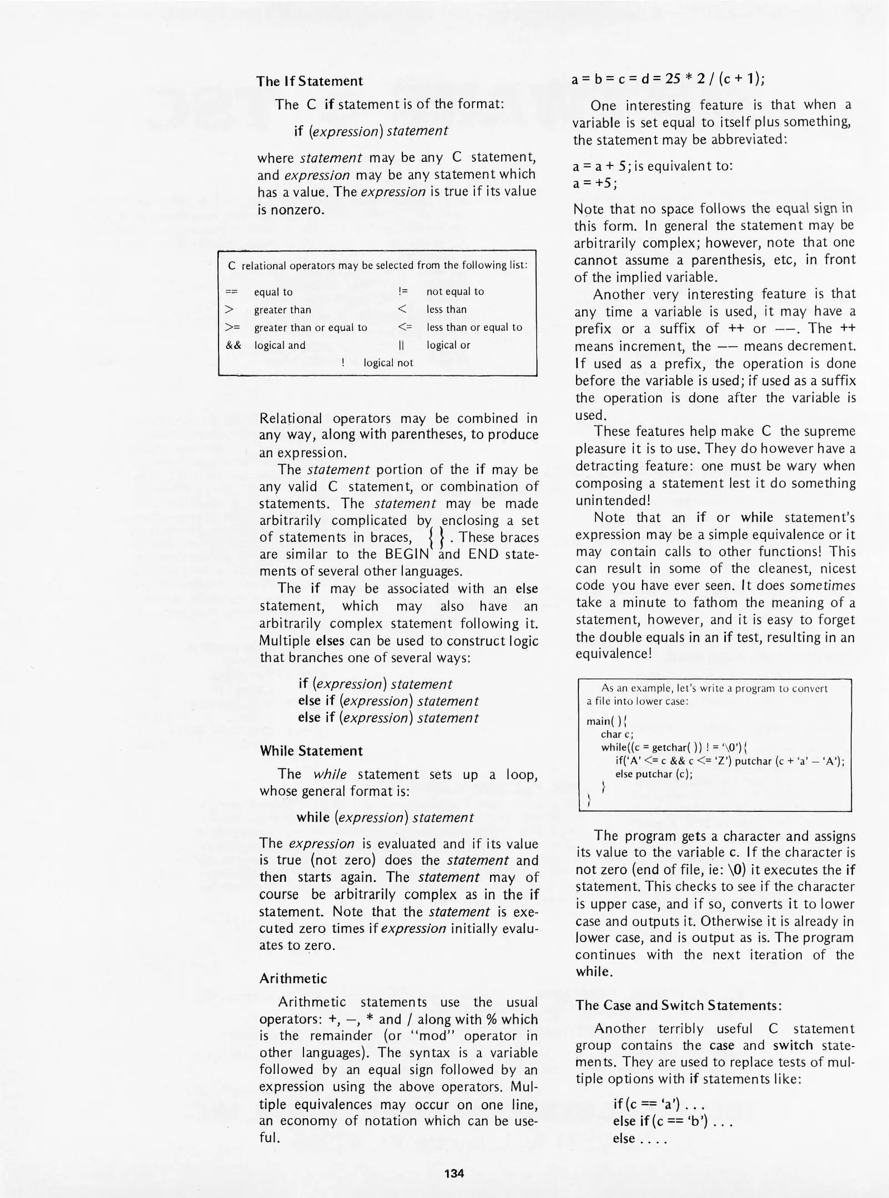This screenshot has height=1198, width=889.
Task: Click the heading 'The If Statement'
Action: (x=309, y=81)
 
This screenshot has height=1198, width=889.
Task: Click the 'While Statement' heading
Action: (x=311, y=751)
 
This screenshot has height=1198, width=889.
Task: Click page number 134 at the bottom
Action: (x=454, y=1173)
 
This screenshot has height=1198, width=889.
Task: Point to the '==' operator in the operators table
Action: (x=232, y=292)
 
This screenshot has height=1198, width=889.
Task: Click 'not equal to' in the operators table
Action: (x=455, y=292)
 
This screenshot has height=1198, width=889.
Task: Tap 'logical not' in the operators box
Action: (x=388, y=363)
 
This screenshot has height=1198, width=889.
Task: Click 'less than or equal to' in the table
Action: (x=474, y=327)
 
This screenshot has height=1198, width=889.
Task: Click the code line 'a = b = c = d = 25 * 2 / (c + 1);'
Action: (x=668, y=79)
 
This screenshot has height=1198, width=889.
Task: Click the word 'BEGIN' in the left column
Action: (x=407, y=554)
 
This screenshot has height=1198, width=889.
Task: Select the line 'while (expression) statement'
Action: (x=385, y=818)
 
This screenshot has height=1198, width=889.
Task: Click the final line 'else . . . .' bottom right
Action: (x=639, y=1138)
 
